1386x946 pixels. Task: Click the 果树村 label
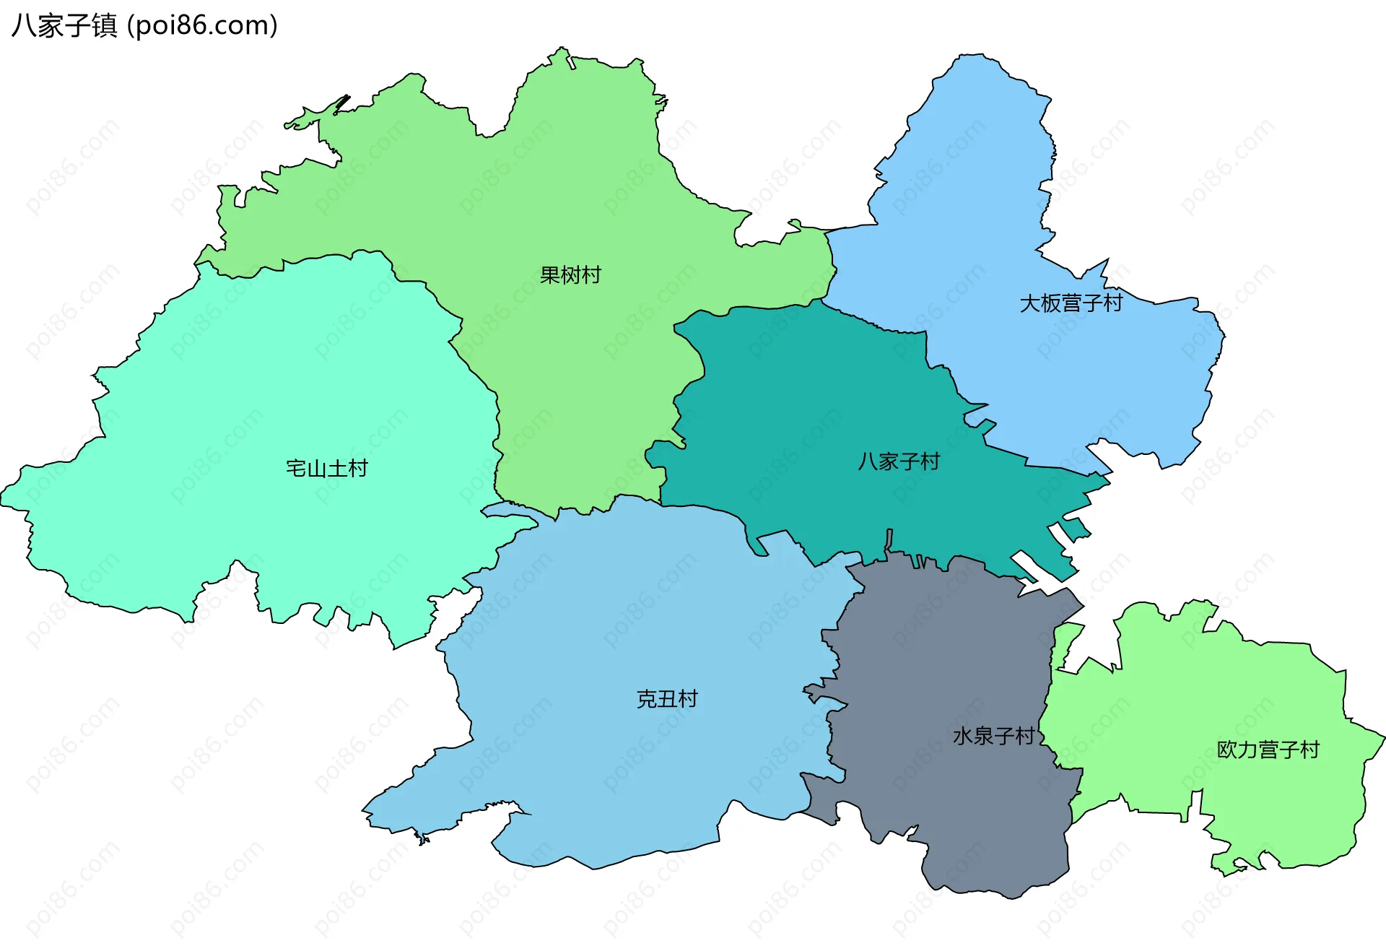570,275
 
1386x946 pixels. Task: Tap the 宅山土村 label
326,469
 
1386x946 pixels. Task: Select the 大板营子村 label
1071,303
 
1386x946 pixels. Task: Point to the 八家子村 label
899,461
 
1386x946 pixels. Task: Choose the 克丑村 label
667,699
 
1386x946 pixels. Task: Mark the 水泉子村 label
993,736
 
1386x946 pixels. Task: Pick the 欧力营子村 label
1268,750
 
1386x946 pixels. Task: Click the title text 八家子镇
64,26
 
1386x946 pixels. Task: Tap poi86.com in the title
202,26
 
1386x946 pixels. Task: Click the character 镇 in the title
105,26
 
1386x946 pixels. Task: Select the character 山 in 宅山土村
316,469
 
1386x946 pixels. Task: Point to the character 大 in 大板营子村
1029,303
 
